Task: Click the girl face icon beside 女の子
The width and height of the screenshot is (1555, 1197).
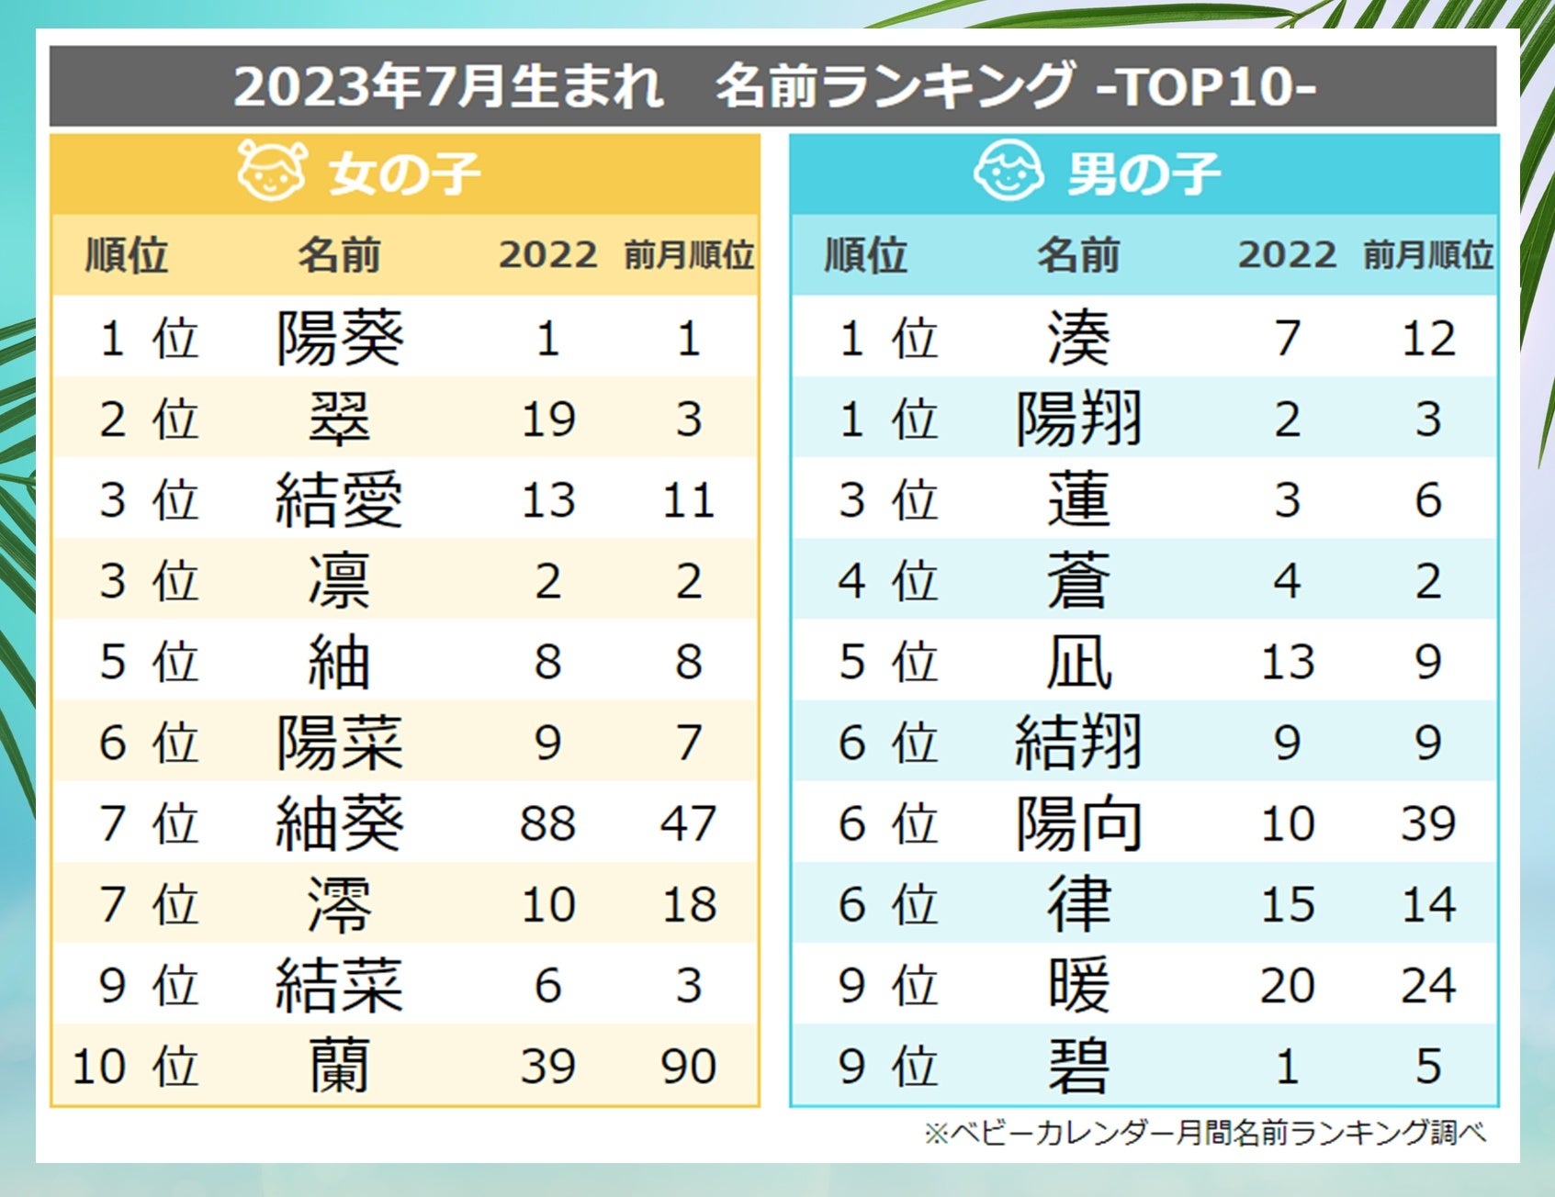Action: (x=271, y=171)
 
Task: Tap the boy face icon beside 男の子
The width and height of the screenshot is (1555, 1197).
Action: (x=1008, y=171)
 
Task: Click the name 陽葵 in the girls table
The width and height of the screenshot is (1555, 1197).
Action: (x=340, y=338)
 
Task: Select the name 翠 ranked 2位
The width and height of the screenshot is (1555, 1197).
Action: (x=340, y=419)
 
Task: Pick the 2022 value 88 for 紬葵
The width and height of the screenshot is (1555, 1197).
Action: (x=547, y=823)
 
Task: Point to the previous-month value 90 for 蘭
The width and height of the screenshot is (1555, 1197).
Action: (x=689, y=1067)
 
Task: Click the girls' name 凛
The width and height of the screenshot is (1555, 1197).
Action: (x=340, y=581)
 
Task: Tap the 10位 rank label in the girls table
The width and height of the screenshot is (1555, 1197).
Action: (x=135, y=1067)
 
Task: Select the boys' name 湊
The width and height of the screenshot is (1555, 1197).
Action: (x=1078, y=338)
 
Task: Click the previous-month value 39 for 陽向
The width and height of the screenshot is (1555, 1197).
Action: (x=1428, y=823)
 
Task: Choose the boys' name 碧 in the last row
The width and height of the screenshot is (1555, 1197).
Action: (x=1078, y=1067)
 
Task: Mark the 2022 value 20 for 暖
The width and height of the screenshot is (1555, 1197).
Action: (x=1287, y=986)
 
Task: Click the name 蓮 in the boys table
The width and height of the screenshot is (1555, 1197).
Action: (x=1078, y=500)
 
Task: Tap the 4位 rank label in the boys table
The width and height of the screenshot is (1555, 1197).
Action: (x=887, y=581)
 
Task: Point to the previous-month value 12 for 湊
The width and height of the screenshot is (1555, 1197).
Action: (x=1428, y=338)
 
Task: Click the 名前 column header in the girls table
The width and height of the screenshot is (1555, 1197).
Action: (x=339, y=255)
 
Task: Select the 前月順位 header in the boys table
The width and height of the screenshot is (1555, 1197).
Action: (x=1428, y=255)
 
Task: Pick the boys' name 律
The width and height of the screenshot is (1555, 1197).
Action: (x=1078, y=904)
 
